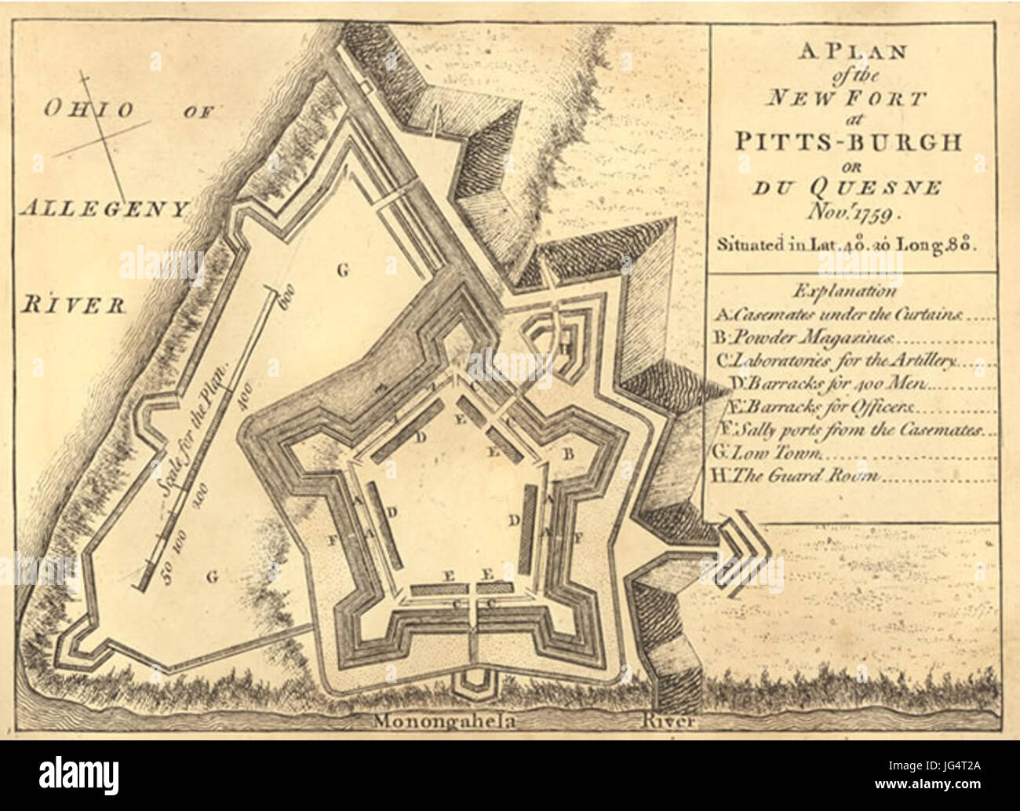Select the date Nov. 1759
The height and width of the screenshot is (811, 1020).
tap(851, 211)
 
